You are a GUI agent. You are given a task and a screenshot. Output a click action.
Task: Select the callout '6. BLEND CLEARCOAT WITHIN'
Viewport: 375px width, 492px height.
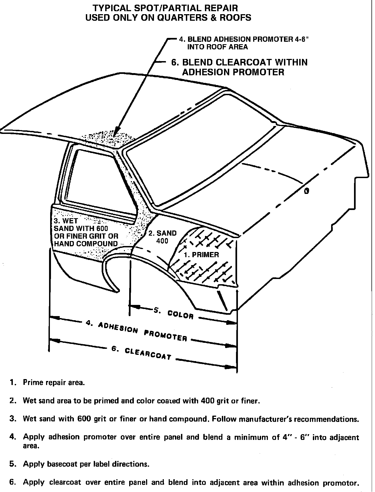239,62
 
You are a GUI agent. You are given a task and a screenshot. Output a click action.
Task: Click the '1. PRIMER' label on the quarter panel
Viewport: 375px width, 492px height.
201,255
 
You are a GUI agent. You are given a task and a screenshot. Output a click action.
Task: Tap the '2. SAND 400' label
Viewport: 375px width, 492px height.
162,237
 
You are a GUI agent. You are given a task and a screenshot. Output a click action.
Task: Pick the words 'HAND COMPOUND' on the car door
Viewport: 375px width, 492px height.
86,244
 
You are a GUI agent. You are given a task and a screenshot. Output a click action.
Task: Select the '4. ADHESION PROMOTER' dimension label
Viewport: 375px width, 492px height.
136,331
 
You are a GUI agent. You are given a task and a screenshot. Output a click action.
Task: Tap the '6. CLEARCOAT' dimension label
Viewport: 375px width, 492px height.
141,353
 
